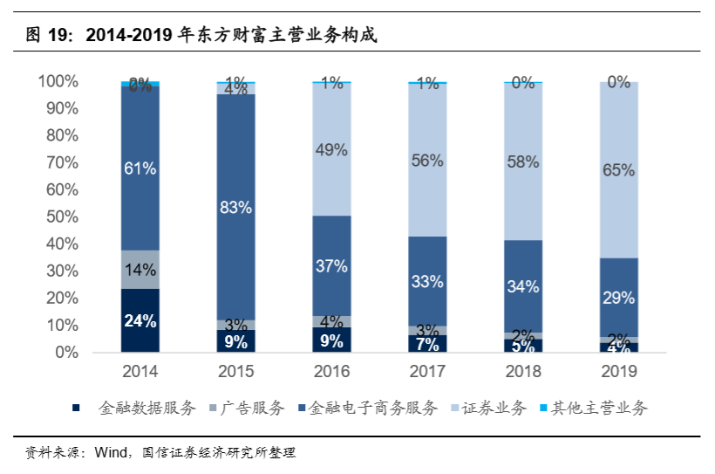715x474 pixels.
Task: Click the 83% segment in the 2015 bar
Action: tap(235, 207)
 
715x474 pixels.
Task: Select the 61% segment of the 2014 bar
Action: tap(140, 168)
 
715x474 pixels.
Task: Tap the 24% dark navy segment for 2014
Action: tap(140, 320)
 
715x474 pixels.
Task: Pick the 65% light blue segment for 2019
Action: tap(618, 170)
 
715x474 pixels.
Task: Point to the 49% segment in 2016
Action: tap(331, 150)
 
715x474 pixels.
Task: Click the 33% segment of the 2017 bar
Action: tap(427, 282)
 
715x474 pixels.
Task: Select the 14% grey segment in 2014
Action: tap(140, 270)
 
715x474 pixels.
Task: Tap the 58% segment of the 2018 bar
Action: tap(523, 161)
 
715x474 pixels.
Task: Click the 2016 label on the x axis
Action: tap(331, 372)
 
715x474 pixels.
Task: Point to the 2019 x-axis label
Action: tap(618, 372)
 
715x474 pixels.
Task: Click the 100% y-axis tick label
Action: tap(58, 81)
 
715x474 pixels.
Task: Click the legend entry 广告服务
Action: tap(254, 408)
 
